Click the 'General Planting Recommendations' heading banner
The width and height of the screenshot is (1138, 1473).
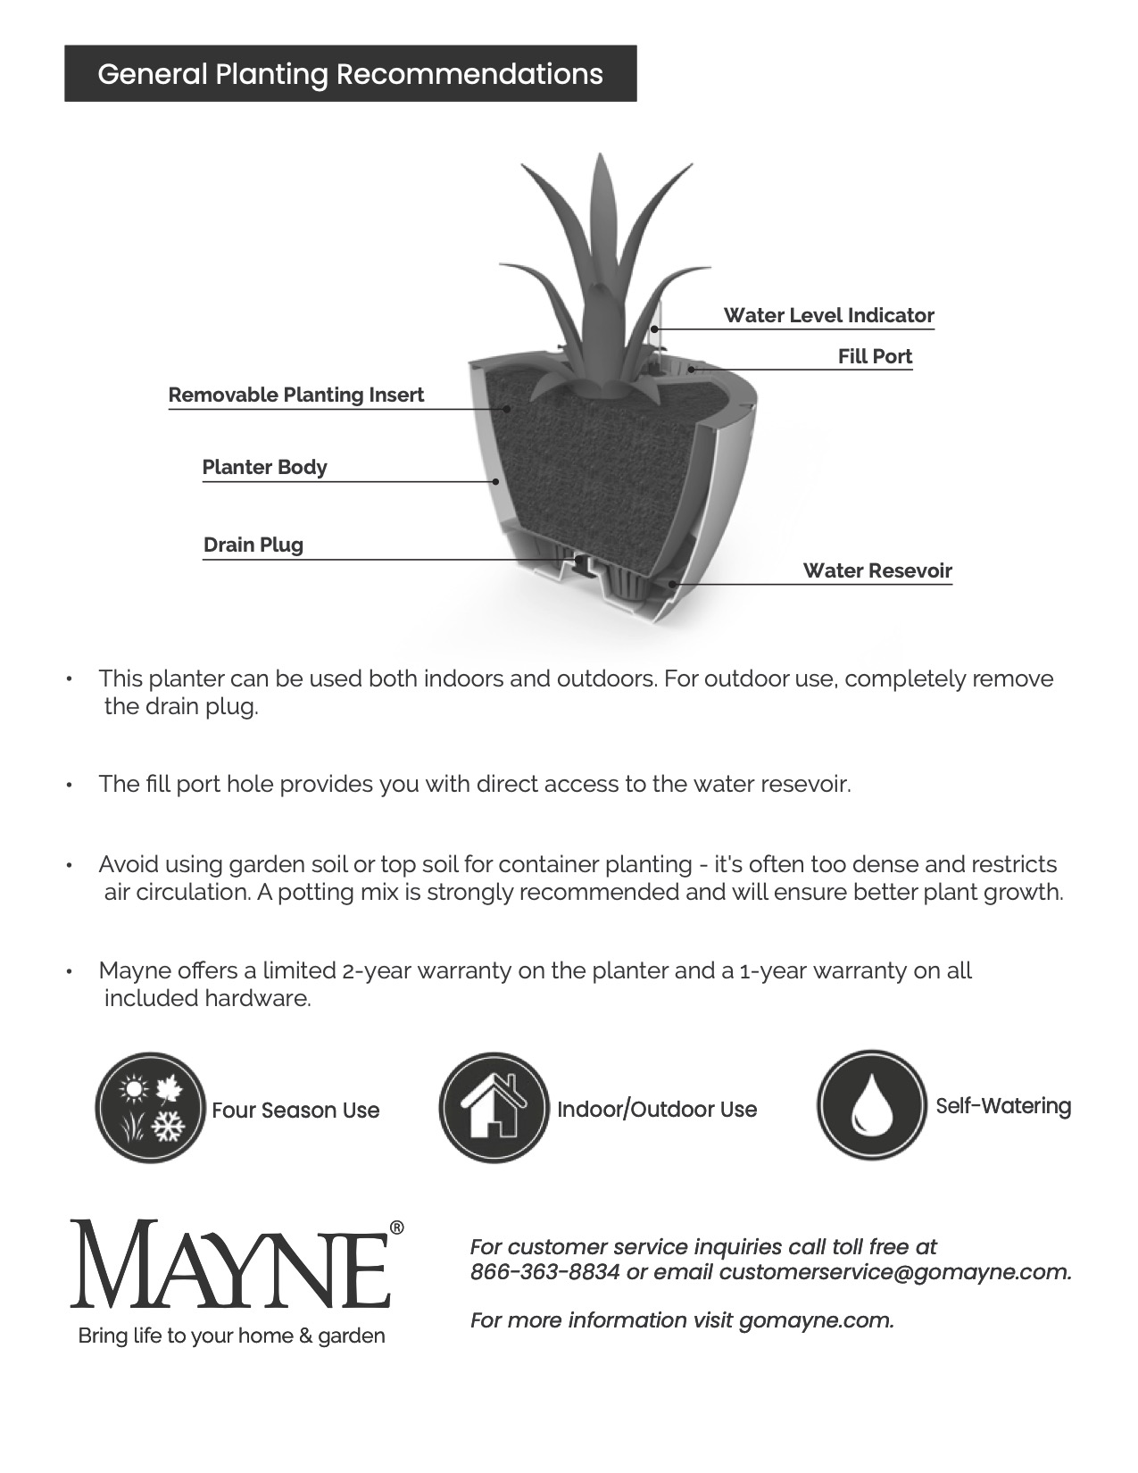(x=350, y=73)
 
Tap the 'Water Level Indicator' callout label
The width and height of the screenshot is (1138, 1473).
(x=828, y=315)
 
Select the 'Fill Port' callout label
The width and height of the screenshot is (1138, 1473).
(x=875, y=356)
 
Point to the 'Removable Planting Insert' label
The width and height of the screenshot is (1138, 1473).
(x=295, y=395)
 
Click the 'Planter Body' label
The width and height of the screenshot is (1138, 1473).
(x=264, y=467)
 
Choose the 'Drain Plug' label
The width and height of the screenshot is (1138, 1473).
(x=253, y=545)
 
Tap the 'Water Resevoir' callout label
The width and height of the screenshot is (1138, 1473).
(x=877, y=570)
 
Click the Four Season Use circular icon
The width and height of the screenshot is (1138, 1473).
(x=151, y=1107)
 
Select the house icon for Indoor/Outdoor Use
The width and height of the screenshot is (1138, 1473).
(x=494, y=1107)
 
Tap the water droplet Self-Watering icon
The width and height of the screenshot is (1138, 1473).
(x=871, y=1105)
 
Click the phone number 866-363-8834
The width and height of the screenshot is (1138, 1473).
(x=544, y=1272)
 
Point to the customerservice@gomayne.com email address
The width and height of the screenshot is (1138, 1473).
(x=894, y=1272)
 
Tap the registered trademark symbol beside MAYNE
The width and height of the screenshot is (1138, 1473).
(x=397, y=1228)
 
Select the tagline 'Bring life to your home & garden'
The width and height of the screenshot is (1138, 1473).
(x=232, y=1336)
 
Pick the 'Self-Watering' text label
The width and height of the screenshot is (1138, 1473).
(x=1003, y=1106)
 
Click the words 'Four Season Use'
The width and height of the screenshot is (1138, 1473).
(x=295, y=1111)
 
